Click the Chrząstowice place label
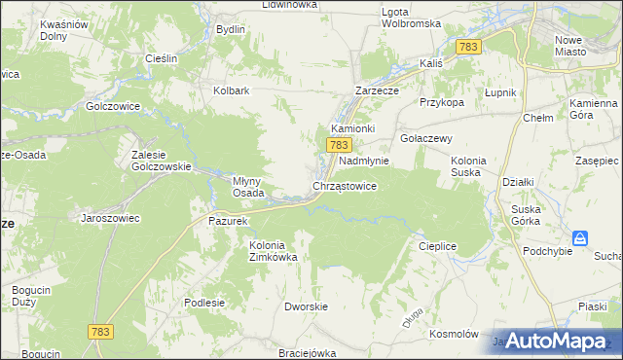[344, 185]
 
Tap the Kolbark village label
[232, 90]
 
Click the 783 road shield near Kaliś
[469, 47]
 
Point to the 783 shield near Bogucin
[99, 332]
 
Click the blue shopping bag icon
[580, 238]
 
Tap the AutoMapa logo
[552, 342]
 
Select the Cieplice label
[437, 246]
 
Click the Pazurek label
[231, 221]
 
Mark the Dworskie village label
[304, 306]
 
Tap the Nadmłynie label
[363, 161]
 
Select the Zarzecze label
[379, 90]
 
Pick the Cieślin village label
[160, 58]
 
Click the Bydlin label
[230, 29]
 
